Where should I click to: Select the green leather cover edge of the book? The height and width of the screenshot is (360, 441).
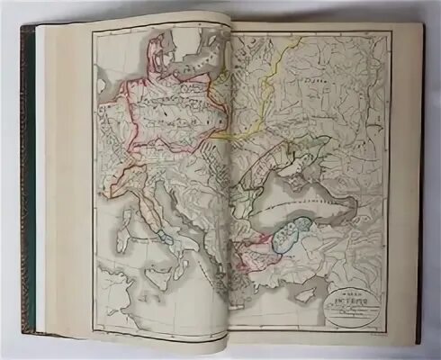26,180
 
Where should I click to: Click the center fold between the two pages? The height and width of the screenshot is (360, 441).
230,180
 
